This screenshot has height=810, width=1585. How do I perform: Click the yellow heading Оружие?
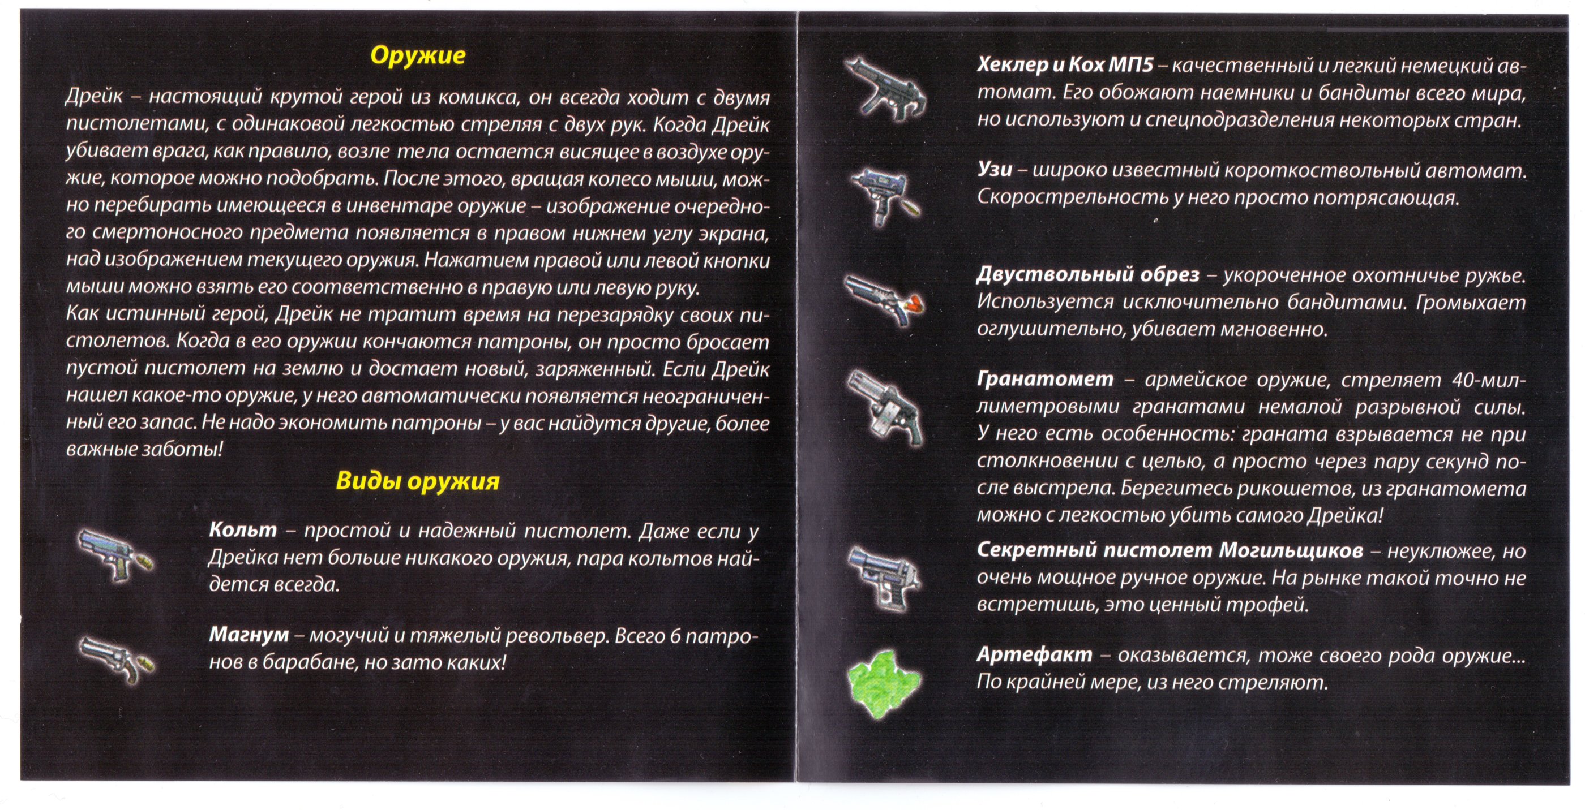point(418,56)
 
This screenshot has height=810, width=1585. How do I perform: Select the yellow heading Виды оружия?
point(418,481)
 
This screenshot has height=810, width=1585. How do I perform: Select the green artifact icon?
point(884,683)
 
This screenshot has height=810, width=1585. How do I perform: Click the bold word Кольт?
point(243,529)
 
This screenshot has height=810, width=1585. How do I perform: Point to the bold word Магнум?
point(249,634)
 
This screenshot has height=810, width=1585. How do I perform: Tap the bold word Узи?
point(995,170)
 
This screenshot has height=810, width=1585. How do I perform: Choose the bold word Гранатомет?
point(1045,380)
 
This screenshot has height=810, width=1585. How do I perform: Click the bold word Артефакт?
point(1034,655)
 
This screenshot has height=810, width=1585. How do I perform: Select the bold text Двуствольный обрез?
point(1088,275)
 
